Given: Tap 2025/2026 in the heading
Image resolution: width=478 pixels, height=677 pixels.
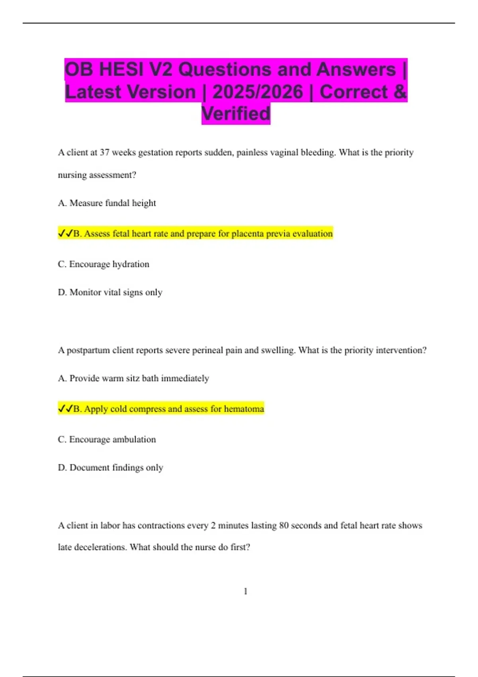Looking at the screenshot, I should tap(258, 92).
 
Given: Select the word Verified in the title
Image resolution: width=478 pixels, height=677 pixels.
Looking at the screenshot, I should tap(236, 114).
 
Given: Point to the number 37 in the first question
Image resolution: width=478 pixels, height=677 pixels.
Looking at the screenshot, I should tap(104, 153).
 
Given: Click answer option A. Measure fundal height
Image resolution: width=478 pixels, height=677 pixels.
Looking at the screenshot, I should tap(107, 203).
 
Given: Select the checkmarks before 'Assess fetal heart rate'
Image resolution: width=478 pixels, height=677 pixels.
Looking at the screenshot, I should tap(65, 233).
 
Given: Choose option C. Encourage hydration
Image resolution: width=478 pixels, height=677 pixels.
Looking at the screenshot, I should tap(104, 264).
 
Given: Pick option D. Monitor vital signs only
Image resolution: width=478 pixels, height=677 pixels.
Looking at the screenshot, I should tap(110, 292).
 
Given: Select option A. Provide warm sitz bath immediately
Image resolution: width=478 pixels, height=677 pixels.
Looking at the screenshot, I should tap(133, 378).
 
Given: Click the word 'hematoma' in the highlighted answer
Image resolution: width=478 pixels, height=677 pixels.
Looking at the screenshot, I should tap(244, 409).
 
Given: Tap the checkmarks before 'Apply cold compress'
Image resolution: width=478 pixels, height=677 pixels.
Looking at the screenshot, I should tap(65, 409).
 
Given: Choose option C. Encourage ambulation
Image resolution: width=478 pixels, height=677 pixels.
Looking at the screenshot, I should tap(107, 439).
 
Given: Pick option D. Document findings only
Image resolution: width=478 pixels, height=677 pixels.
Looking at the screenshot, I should tap(110, 468).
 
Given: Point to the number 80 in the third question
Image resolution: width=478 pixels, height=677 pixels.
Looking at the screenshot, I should tap(284, 526).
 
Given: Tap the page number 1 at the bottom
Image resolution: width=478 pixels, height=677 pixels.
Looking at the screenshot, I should tap(245, 591).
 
